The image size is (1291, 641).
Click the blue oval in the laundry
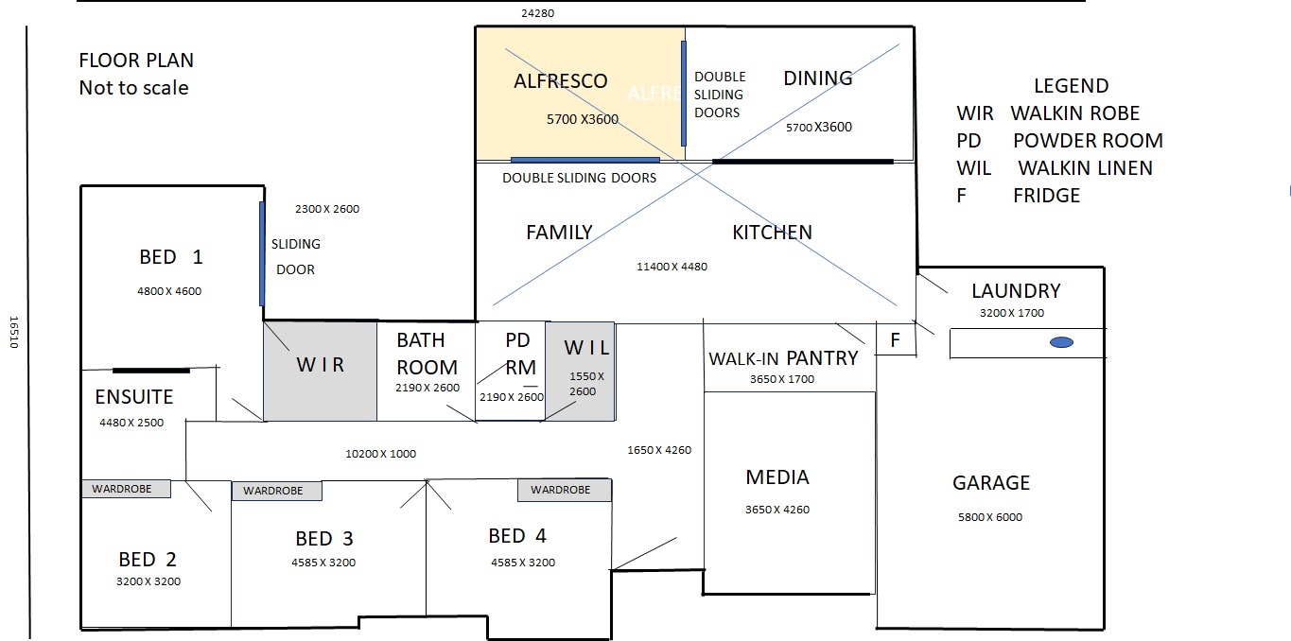click(x=1061, y=342)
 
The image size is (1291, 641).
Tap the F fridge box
click(x=896, y=339)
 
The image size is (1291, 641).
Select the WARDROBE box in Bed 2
click(x=126, y=489)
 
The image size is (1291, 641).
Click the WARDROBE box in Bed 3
click(x=276, y=491)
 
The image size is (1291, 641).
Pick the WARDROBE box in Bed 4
click(x=565, y=490)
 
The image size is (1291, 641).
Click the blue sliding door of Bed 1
click(x=262, y=253)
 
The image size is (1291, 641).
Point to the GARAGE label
click(x=991, y=482)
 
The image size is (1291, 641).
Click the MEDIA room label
click(x=777, y=477)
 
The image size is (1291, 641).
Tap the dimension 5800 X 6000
click(x=990, y=517)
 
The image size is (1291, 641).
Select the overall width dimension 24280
click(x=538, y=13)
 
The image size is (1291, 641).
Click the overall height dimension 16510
click(x=14, y=332)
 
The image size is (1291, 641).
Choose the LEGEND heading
click(x=1071, y=86)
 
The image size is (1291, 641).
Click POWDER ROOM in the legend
click(x=1088, y=141)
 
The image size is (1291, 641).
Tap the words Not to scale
click(x=133, y=88)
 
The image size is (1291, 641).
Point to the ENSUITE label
click(x=133, y=397)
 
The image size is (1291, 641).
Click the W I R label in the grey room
click(x=321, y=365)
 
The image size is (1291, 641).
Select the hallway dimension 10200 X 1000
click(x=380, y=454)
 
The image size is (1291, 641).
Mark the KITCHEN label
click(x=773, y=232)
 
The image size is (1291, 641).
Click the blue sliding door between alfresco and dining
click(x=684, y=94)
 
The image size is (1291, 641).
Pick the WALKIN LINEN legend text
click(x=1085, y=168)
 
